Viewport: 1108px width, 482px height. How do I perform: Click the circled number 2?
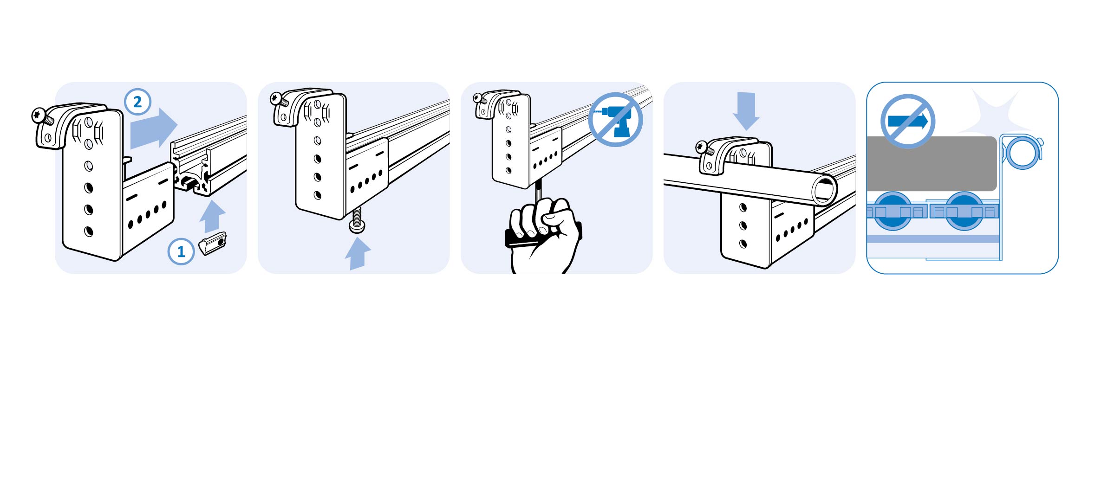click(137, 102)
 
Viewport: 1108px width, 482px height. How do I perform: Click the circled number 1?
click(181, 251)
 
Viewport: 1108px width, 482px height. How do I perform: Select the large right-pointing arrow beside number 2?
click(154, 128)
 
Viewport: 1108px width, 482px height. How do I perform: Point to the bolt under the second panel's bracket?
click(357, 220)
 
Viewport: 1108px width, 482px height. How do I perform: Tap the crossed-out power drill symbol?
click(616, 120)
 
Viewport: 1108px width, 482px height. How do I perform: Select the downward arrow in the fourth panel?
click(746, 111)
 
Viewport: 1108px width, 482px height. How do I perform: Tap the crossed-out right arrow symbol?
click(908, 122)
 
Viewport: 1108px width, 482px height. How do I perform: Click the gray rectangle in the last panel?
click(932, 163)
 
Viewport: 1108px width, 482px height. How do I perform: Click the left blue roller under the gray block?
click(893, 211)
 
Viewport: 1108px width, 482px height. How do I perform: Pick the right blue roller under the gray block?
click(964, 211)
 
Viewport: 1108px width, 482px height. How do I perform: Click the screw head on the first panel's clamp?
click(38, 114)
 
